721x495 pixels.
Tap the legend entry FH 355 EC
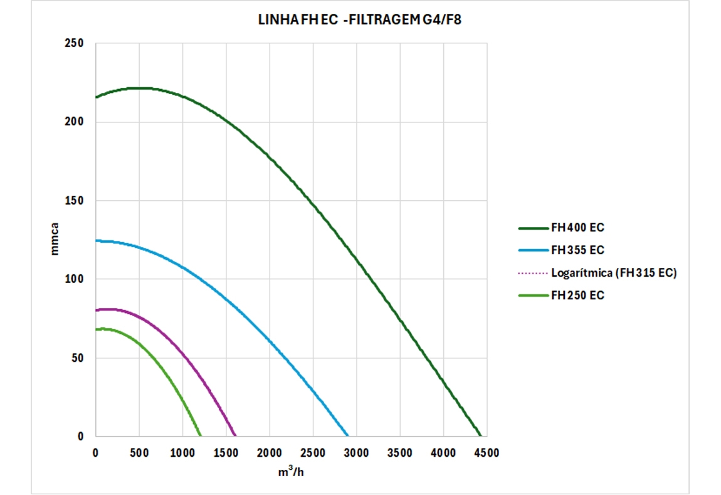click(577, 250)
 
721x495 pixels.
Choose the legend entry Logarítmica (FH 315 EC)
click(613, 273)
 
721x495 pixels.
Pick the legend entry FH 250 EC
click(577, 295)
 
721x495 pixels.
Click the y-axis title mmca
click(55, 239)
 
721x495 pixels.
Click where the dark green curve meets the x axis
click(480, 435)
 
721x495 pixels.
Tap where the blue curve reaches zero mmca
click(347, 435)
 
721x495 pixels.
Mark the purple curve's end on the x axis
click(235, 435)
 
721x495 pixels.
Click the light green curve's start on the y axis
click(97, 330)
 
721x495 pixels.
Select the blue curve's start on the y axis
click(97, 241)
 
